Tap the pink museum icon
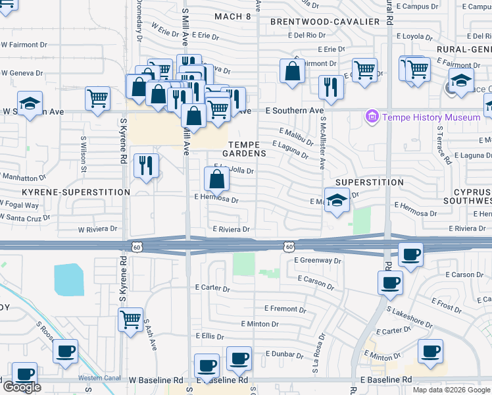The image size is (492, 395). pyautogui.click(x=373, y=117)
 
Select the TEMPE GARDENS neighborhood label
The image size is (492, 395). pyautogui.click(x=247, y=148)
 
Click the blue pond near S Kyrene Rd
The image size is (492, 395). pyautogui.click(x=69, y=279)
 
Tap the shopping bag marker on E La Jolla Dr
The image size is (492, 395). pyautogui.click(x=216, y=178)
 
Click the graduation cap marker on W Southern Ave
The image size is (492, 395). pyautogui.click(x=30, y=104)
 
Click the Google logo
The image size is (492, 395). pyautogui.click(x=22, y=387)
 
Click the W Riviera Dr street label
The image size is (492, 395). pyautogui.click(x=97, y=230)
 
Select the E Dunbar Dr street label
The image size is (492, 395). pyautogui.click(x=284, y=354)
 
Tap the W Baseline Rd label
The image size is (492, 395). pyautogui.click(x=156, y=381)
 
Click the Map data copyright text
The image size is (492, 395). pyautogui.click(x=451, y=390)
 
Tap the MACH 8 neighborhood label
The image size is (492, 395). pyautogui.click(x=233, y=16)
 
